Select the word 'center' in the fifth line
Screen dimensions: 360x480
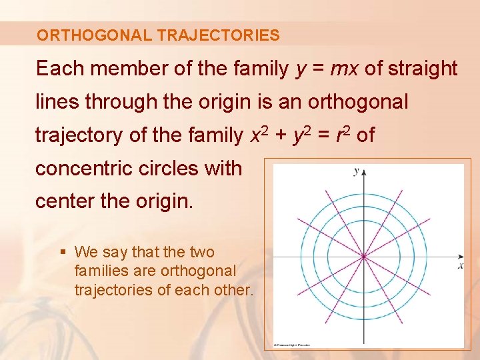coord(63,201)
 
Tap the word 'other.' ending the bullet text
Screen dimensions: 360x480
coord(233,291)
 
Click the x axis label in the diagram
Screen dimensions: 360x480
coord(460,266)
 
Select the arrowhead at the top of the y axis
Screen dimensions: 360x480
coord(363,172)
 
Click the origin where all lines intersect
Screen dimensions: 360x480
coord(363,257)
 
